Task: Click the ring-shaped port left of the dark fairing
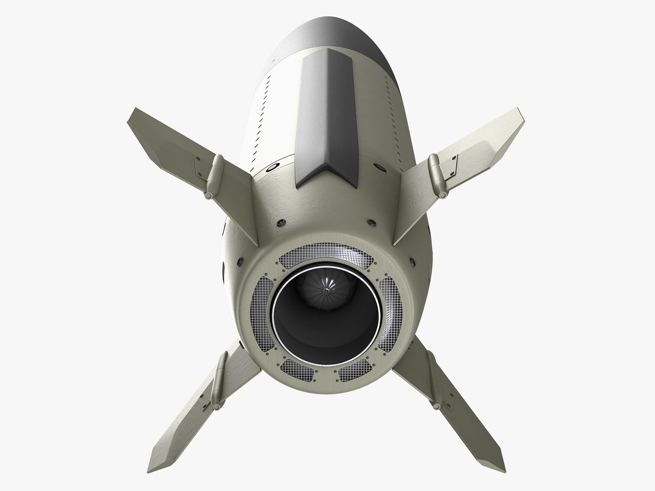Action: tap(272, 168)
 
